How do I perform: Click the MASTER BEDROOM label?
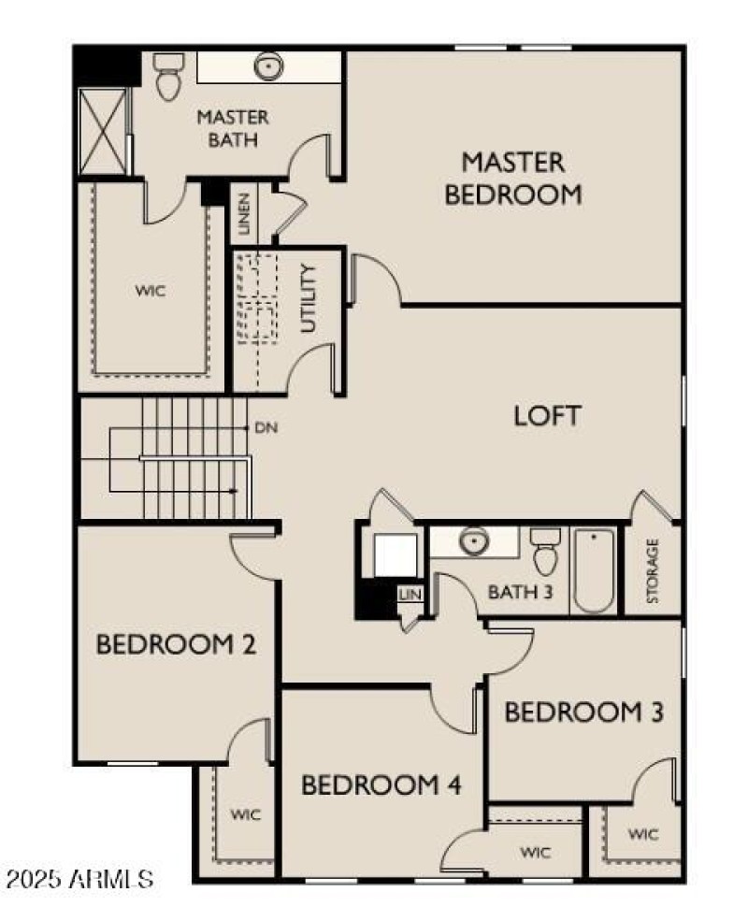(513, 178)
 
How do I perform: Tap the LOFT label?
(547, 416)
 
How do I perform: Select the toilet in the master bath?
(169, 77)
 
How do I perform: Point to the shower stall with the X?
(102, 131)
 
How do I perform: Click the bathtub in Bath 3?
(594, 570)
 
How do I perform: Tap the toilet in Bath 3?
(545, 554)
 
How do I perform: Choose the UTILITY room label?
(309, 299)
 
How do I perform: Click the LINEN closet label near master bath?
(244, 214)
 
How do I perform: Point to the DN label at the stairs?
(265, 427)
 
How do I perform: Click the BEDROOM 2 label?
(177, 644)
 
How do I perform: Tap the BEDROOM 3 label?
(584, 712)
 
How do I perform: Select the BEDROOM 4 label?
(381, 784)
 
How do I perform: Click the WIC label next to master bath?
(151, 291)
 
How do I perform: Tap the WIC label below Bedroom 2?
(246, 813)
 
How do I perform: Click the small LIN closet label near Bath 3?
(410, 594)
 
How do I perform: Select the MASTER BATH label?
(233, 129)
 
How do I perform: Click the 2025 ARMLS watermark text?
(79, 879)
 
